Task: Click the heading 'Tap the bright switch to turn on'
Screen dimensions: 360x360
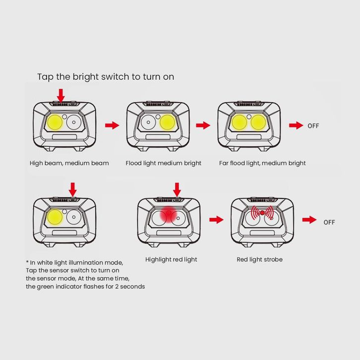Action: coord(106,77)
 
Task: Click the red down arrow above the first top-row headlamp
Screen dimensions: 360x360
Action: coord(61,96)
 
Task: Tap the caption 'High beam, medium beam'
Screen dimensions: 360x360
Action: coord(69,163)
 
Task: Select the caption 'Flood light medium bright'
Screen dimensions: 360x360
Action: coord(163,163)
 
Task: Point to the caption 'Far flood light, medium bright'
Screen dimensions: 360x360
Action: coord(262,163)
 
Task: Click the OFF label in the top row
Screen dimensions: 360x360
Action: coord(313,126)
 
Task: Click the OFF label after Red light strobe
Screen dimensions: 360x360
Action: coord(329,222)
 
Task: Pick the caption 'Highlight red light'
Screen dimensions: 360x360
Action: coord(171,260)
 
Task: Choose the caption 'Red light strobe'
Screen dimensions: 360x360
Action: coord(259,260)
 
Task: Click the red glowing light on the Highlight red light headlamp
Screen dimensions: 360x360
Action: coord(169,214)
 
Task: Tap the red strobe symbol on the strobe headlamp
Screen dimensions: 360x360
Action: coord(262,213)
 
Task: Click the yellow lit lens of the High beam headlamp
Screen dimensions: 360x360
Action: coord(55,122)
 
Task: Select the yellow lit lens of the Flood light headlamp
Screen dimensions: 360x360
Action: coord(168,122)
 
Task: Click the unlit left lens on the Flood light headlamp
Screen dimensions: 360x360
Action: coord(148,122)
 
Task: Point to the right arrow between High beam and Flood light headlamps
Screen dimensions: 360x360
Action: coord(112,125)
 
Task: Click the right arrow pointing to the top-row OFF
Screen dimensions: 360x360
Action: coord(296,125)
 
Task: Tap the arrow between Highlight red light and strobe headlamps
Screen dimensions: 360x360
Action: coord(216,220)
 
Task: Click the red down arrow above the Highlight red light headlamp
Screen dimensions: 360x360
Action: coord(177,189)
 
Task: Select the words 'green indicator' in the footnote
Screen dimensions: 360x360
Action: coord(59,287)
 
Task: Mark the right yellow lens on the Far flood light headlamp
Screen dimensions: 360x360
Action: coord(258,122)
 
